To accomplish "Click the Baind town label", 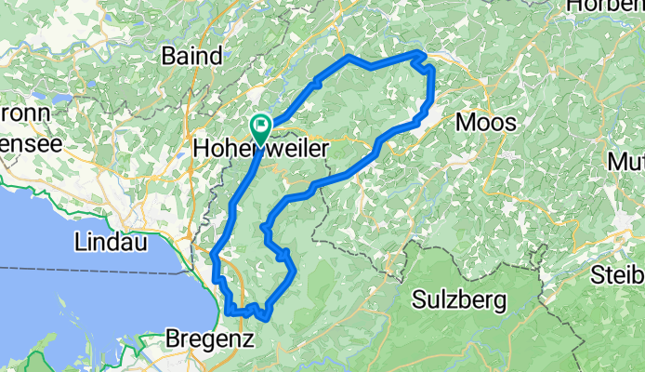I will coord(191,56).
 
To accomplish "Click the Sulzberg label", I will coord(461,300).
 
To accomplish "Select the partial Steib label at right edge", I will coord(619,275).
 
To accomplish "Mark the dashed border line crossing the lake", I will coord(93,271).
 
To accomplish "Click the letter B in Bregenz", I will coord(173,339).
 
